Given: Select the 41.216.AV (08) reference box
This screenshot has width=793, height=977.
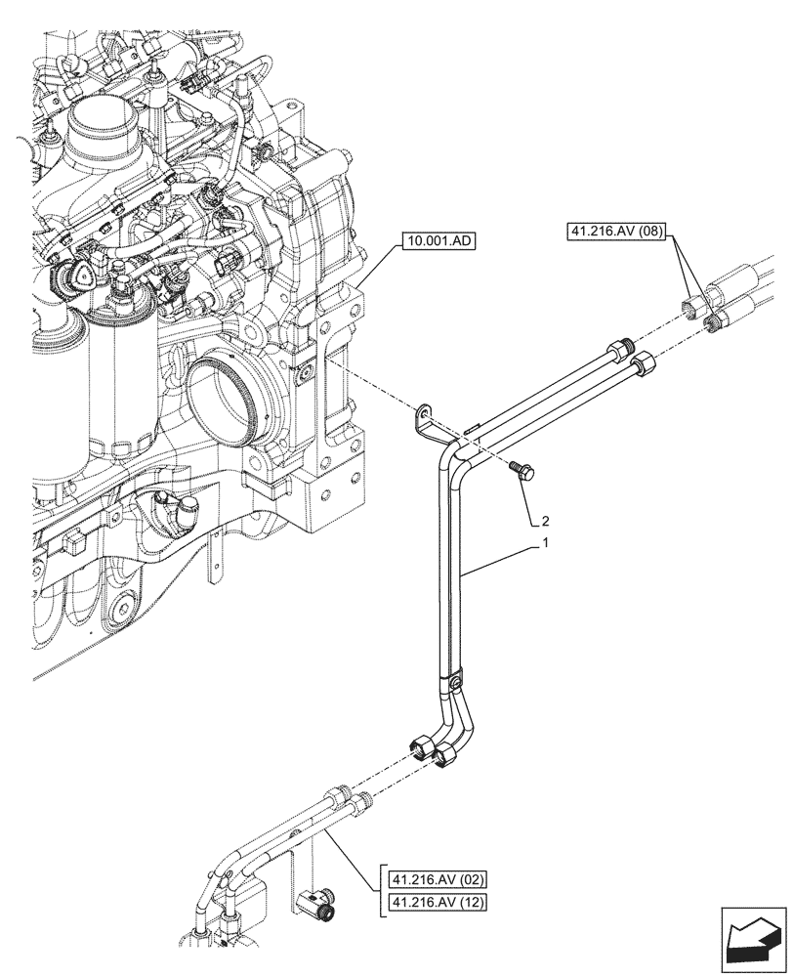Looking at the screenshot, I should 615,233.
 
